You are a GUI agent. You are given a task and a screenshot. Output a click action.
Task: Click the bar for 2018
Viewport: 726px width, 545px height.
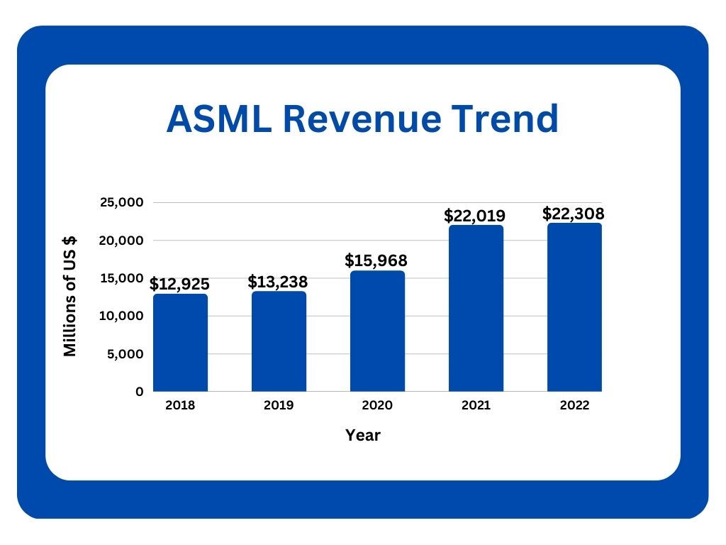tap(180, 343)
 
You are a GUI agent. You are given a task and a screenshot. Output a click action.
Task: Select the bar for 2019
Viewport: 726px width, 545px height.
tap(279, 341)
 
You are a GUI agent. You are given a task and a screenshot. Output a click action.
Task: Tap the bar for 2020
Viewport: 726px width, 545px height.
tap(377, 331)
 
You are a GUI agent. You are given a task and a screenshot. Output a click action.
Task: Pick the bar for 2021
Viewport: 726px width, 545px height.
tap(476, 309)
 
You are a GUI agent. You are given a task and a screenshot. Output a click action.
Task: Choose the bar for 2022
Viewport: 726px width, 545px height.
tap(574, 307)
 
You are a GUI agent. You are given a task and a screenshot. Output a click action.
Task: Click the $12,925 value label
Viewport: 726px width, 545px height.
tap(179, 285)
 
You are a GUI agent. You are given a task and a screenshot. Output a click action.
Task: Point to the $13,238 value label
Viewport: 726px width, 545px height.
tap(278, 282)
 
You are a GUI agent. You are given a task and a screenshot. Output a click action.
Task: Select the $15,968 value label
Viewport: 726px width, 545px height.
tap(376, 260)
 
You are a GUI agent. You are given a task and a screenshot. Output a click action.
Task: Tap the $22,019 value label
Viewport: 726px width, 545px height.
tap(475, 215)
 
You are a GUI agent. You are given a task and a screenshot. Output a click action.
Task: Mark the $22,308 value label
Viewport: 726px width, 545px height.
tap(574, 213)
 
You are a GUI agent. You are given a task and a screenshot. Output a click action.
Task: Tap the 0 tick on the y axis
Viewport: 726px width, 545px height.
tap(139, 392)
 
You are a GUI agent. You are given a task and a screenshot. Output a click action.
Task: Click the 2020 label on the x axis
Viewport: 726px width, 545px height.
tap(377, 407)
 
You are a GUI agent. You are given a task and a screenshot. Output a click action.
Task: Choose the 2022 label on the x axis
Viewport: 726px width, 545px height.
tap(574, 407)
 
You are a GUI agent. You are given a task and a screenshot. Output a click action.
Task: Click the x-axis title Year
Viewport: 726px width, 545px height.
tap(363, 436)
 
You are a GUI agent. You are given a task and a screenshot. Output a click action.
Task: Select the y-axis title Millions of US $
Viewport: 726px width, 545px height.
tap(70, 297)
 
